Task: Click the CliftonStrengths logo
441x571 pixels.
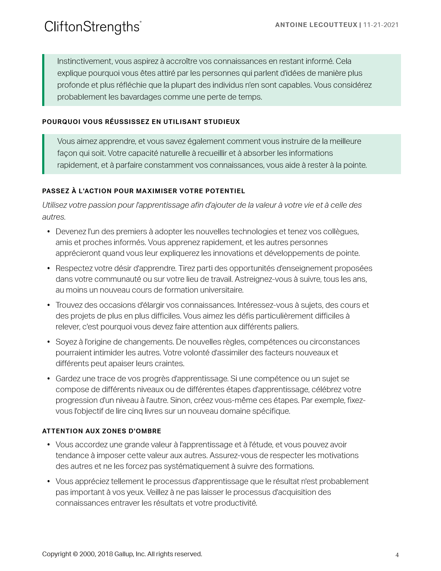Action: (x=93, y=27)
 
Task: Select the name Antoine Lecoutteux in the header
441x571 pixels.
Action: (x=316, y=25)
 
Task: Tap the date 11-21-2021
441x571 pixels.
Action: (x=381, y=25)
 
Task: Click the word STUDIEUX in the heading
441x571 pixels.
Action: (x=222, y=122)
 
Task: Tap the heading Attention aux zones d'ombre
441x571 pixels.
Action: (x=102, y=431)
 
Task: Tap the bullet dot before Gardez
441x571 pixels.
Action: (x=49, y=379)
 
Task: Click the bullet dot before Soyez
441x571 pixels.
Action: (x=49, y=342)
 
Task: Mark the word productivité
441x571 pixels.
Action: (x=236, y=503)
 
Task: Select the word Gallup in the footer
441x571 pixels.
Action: (x=124, y=554)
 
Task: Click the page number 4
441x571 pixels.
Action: (x=397, y=555)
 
